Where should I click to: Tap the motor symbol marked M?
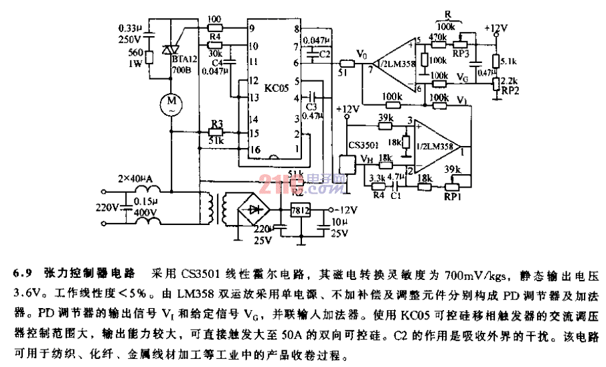click(171, 104)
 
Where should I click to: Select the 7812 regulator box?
click(299, 211)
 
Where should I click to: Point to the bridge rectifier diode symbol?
click(254, 208)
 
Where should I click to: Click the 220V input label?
click(107, 208)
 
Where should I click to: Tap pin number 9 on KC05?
click(252, 28)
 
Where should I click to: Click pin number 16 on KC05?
click(252, 149)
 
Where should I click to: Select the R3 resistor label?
click(216, 124)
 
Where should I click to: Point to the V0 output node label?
click(362, 51)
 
